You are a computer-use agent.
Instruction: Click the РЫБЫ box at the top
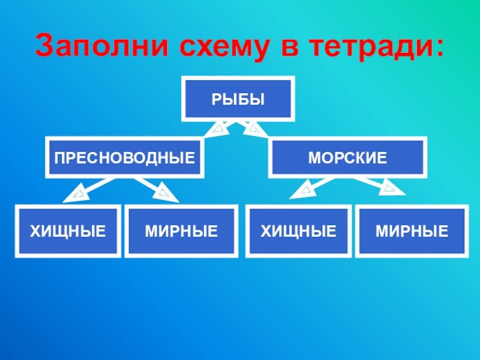238,98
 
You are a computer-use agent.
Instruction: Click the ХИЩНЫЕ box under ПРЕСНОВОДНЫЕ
68,231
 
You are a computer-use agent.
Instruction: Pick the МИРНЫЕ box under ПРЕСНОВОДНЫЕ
181,231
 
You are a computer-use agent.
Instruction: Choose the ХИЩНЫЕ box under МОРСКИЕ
298,231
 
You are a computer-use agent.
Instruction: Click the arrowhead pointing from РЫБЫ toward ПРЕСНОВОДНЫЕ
218,128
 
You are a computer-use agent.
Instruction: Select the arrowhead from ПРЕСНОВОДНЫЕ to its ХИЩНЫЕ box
77,193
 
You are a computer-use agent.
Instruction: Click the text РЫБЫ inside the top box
238,98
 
